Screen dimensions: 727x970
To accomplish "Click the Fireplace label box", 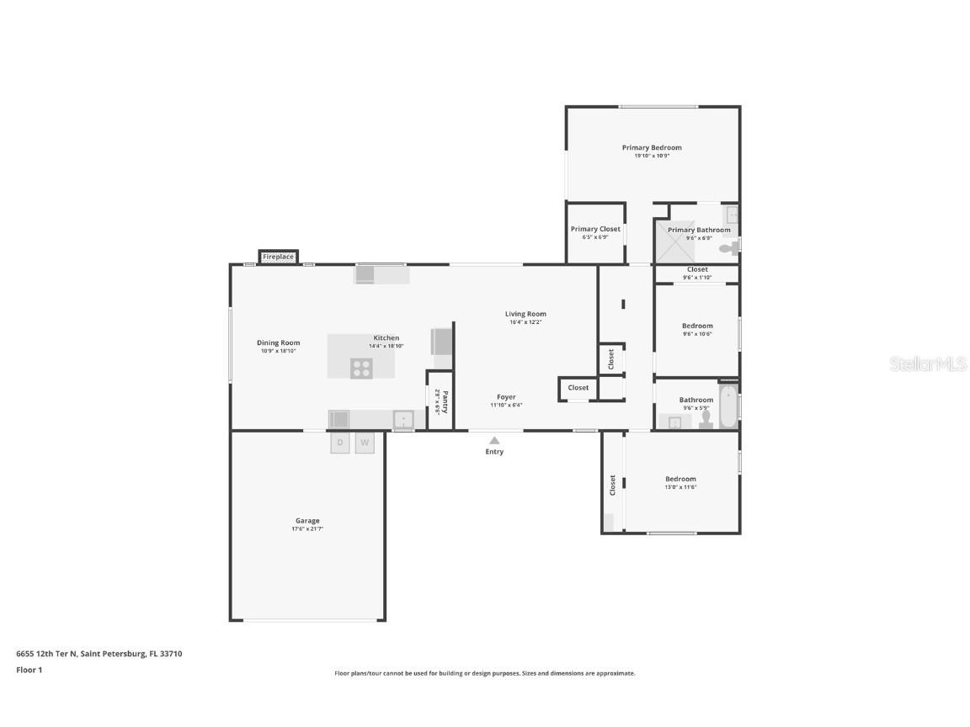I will coord(278,257).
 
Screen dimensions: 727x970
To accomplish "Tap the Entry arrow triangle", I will coord(494,440).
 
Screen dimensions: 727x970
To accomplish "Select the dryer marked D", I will coord(340,443).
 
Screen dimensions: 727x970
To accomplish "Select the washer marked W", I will coord(365,443).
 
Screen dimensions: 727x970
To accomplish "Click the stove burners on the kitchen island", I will coord(361,368).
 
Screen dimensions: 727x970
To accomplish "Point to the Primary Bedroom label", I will coord(652,148).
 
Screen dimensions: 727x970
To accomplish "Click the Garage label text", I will coord(307,521).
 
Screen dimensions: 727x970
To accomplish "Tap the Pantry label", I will coord(445,401).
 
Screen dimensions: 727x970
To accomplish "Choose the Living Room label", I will coord(525,314).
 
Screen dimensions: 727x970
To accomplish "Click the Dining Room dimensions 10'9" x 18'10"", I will coord(278,351).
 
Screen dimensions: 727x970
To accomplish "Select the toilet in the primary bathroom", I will coord(733,248).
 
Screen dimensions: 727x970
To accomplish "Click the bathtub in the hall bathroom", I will coord(728,406).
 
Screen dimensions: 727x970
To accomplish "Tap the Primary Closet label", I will coord(595,229).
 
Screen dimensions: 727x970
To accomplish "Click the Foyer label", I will coord(506,397).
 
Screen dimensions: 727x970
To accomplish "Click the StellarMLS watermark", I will coord(929,363).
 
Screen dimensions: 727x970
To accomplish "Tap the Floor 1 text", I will coord(29,671).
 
